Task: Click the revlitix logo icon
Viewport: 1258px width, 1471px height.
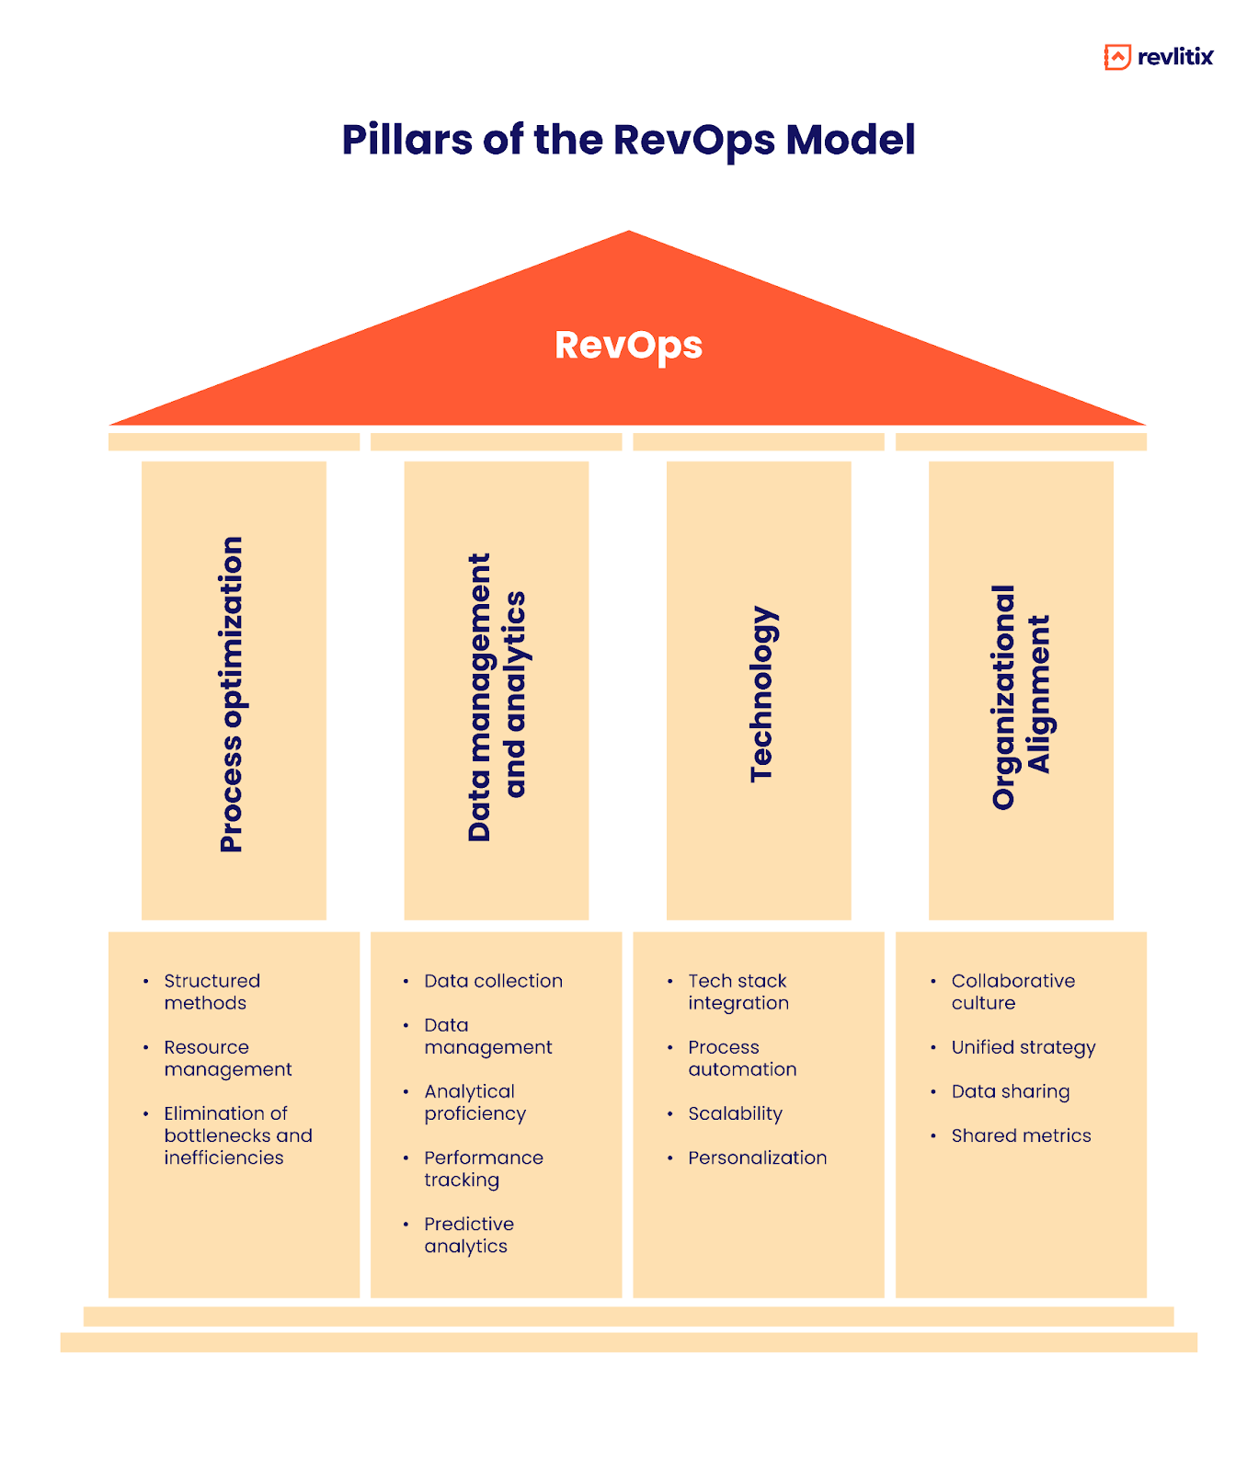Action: click(x=1116, y=57)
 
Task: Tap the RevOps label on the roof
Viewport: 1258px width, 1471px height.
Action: click(x=628, y=346)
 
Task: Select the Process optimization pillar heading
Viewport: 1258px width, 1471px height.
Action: click(x=233, y=694)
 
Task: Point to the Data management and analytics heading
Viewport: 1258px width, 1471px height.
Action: click(x=497, y=696)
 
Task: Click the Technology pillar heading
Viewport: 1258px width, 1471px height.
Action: click(x=762, y=694)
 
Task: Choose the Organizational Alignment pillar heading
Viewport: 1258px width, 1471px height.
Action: click(x=1020, y=696)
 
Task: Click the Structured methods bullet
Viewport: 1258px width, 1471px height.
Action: click(x=212, y=992)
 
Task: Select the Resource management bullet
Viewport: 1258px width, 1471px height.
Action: click(x=227, y=1058)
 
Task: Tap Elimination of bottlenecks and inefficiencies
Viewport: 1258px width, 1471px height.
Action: click(x=237, y=1135)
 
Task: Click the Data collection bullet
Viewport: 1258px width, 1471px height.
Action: click(x=493, y=981)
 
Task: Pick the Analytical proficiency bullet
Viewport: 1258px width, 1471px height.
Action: click(x=475, y=1102)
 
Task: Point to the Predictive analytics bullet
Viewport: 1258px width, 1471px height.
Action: click(x=468, y=1235)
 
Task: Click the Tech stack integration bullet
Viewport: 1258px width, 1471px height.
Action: click(x=738, y=992)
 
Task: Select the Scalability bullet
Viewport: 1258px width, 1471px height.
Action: click(x=735, y=1113)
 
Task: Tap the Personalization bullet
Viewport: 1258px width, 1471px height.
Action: click(x=757, y=1157)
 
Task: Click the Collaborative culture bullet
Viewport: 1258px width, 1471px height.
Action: click(x=1012, y=992)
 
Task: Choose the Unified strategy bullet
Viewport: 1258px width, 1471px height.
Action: click(x=1023, y=1047)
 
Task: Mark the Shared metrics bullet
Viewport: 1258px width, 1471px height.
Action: click(x=1021, y=1135)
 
